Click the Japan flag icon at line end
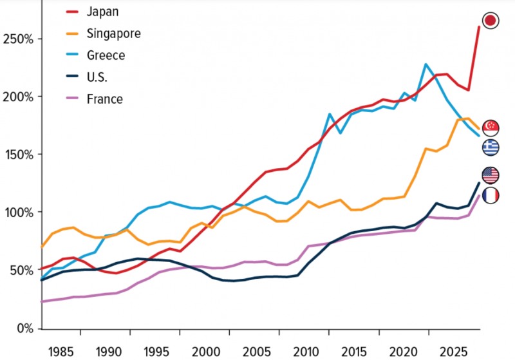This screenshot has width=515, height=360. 491,21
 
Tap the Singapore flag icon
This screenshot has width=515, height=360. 491,128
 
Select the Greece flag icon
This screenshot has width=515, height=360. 491,147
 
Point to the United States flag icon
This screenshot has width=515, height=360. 491,175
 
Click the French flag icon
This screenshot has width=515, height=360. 491,195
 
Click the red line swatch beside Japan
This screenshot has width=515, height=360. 76,11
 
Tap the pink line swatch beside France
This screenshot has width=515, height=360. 76,99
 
